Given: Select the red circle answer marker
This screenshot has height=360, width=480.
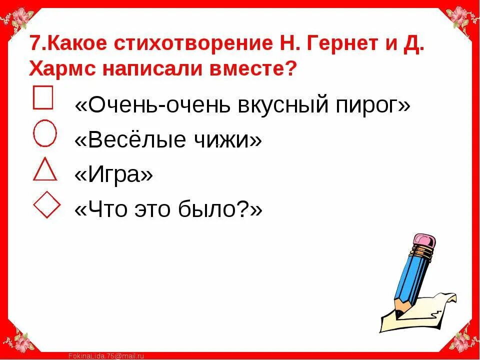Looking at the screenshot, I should click(x=45, y=132).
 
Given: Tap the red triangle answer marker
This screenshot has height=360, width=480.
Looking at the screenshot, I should click(x=44, y=169).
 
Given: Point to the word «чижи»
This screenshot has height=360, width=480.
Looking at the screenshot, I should click(x=228, y=140).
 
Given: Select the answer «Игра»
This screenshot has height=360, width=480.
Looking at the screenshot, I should click(x=113, y=175).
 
